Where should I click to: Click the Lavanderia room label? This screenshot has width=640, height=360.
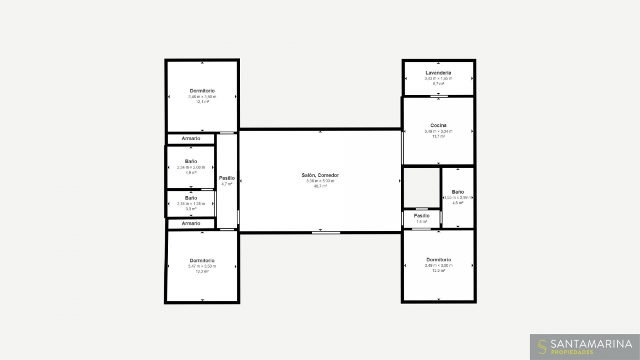click(438, 73)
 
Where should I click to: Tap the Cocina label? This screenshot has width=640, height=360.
click(438, 125)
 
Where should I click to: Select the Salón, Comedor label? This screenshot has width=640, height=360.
click(321, 175)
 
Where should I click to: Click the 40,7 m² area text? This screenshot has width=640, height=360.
click(321, 186)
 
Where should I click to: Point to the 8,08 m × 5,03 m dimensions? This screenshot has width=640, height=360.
click(321, 181)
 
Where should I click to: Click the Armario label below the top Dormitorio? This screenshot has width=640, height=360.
click(191, 139)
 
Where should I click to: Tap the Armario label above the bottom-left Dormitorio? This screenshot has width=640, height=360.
click(191, 223)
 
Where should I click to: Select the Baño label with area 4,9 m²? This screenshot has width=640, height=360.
click(191, 162)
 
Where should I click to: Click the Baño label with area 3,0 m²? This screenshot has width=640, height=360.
click(191, 198)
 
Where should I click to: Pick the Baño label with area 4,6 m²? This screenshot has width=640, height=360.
click(458, 192)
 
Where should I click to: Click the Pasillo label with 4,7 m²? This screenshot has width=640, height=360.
click(227, 178)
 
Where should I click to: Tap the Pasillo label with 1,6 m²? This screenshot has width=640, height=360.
click(422, 215)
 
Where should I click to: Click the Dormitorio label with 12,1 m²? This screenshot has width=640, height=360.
click(202, 91)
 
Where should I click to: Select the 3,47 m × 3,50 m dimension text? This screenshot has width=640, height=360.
click(202, 266)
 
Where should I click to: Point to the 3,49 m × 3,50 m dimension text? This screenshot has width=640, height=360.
click(438, 266)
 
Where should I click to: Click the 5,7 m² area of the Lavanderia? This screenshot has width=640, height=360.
click(438, 84)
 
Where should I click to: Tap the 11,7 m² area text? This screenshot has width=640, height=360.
click(438, 137)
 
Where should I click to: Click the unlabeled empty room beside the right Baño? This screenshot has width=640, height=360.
click(421, 188)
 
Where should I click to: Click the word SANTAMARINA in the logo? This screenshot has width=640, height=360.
click(591, 343)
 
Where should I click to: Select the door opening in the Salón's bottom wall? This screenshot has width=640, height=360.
click(326, 233)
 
